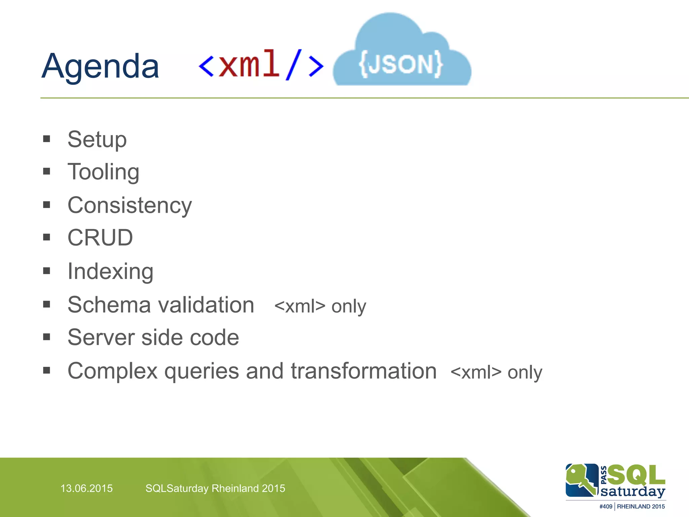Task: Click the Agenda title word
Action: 100,67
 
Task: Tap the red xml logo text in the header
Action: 249,64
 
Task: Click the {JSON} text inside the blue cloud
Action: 401,64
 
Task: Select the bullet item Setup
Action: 97,139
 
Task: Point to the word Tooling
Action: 103,172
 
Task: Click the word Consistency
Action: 130,205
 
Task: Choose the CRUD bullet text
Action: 100,238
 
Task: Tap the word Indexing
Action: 110,271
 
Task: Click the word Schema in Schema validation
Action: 109,305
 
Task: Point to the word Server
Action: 101,337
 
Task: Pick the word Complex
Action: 112,371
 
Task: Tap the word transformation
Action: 364,371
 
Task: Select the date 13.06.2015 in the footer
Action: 86,488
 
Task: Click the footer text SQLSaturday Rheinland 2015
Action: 215,488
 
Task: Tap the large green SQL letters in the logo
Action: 636,475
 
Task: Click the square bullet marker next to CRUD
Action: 47,237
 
